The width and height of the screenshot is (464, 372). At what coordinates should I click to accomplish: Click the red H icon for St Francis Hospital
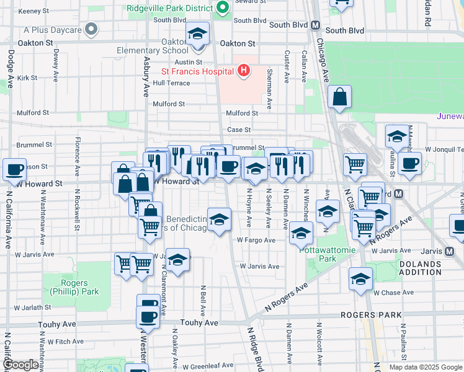243,71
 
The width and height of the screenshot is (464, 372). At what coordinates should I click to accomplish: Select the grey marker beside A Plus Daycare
92,29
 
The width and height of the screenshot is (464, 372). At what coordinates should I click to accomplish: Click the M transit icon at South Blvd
315,26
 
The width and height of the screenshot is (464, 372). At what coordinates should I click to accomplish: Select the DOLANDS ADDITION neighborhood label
416,268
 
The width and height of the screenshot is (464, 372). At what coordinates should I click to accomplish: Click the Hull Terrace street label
171,82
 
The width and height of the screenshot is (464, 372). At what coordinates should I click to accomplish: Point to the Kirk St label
28,78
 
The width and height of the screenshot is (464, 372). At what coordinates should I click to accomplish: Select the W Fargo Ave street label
256,240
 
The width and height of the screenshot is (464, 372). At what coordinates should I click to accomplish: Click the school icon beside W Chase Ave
360,280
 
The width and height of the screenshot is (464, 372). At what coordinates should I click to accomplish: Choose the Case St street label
238,130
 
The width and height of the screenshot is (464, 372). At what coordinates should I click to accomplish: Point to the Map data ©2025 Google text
425,367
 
